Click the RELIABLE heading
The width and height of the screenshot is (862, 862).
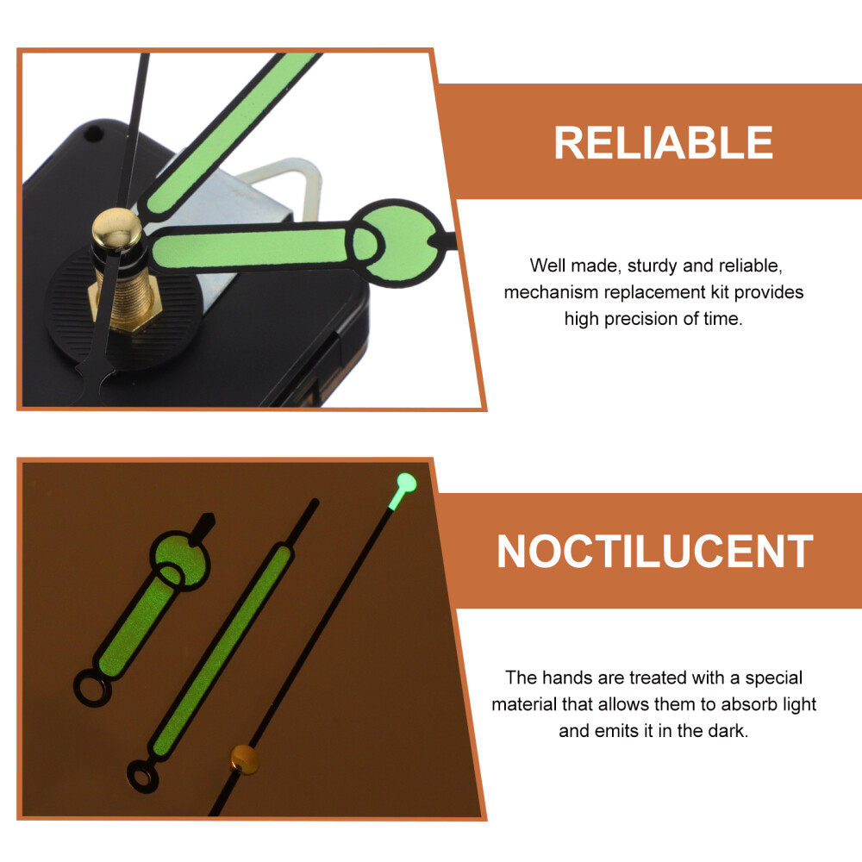[x=663, y=143]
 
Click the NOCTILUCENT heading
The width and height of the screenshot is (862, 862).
[x=655, y=552]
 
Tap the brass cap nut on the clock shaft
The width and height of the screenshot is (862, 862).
[x=116, y=229]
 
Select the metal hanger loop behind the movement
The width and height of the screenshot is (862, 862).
[x=287, y=180]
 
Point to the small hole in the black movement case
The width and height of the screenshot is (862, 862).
[x=92, y=133]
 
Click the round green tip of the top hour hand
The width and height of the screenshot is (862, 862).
[x=404, y=242]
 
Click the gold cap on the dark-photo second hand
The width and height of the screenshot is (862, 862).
[x=245, y=759]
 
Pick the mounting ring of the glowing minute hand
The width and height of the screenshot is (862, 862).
[x=142, y=777]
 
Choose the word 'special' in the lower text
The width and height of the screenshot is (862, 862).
[x=774, y=678]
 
